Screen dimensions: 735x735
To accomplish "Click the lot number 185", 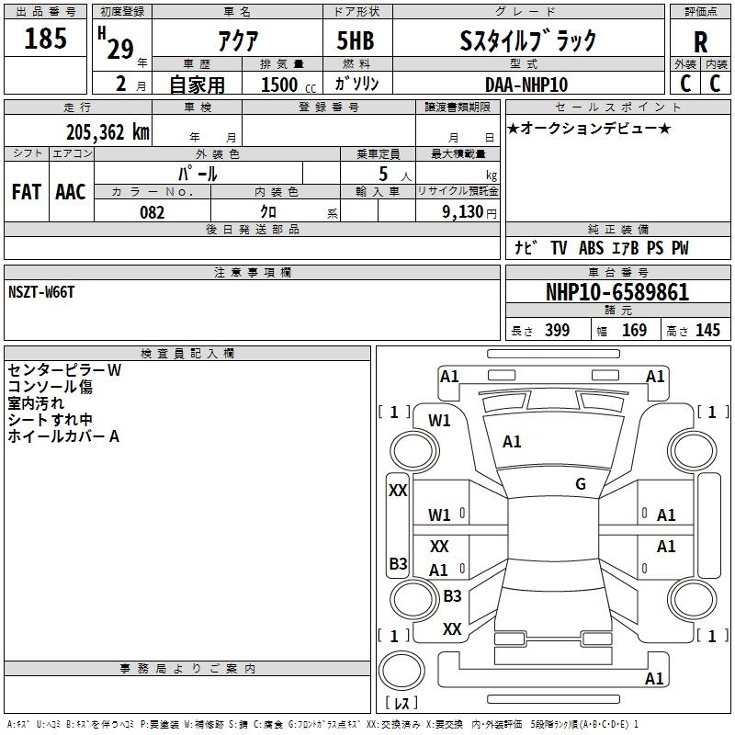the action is coord(45,38).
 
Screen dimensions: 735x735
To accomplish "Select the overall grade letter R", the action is coord(700,41).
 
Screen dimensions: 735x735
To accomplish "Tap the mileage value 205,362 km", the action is coord(107,132).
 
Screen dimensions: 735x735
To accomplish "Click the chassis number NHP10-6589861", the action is coord(617,292).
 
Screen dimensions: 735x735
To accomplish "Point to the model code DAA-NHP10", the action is coord(526,85).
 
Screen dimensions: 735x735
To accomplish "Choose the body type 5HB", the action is coord(356,40).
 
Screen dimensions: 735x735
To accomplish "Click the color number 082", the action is coord(153,212).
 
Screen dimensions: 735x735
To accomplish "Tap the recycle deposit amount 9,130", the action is coord(463,212).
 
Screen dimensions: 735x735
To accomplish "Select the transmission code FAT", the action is coord(27,192).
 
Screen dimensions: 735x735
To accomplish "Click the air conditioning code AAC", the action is coord(71,192).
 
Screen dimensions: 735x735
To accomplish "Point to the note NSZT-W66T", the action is coord(41,292).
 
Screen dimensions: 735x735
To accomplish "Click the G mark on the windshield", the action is coord(581,484).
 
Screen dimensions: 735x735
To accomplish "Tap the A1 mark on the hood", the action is coord(512,442).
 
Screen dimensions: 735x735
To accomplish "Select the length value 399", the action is coord(558,330).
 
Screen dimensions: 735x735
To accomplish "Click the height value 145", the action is coord(707,330).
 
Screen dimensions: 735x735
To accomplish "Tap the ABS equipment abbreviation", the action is coord(591,248).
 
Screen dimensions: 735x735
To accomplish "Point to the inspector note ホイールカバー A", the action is coord(63,436).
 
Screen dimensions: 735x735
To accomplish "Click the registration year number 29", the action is coord(120,49).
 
